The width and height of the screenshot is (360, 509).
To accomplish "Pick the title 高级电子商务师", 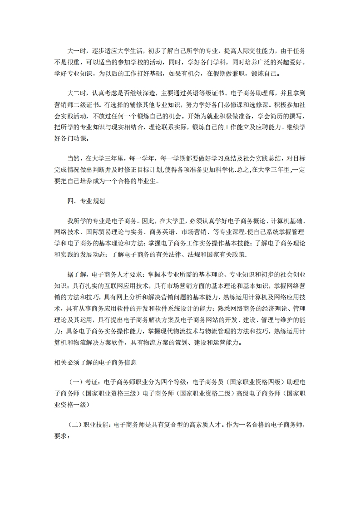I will [256, 394].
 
